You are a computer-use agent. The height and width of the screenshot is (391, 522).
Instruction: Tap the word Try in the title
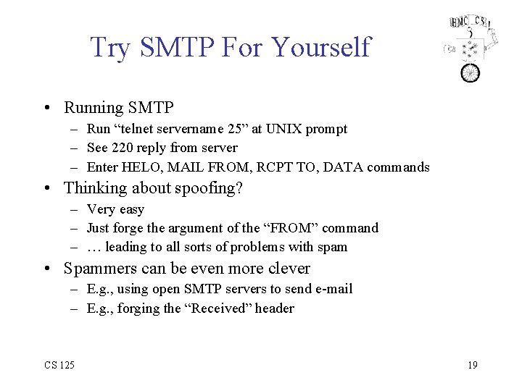[x=109, y=48]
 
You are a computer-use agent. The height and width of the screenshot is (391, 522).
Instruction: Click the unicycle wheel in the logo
[x=471, y=72]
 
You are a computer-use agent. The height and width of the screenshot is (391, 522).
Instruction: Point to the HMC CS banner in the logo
[x=470, y=22]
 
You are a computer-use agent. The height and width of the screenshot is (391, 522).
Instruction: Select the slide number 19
[x=472, y=365]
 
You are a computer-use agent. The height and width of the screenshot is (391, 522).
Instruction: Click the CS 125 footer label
[x=58, y=365]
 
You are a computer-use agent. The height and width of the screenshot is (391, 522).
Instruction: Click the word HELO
[x=142, y=167]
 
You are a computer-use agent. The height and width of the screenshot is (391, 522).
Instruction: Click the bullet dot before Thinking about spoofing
[x=46, y=188]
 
